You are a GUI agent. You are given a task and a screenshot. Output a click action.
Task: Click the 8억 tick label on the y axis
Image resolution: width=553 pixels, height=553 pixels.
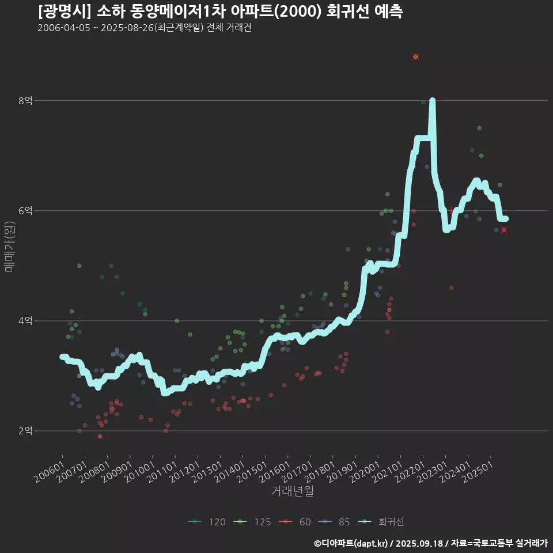pyautogui.click(x=25, y=101)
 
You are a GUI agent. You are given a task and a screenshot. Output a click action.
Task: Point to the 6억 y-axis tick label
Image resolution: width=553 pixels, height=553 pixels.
pyautogui.click(x=25, y=211)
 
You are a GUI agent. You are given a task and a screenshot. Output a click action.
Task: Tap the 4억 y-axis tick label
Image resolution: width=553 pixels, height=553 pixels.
pyautogui.click(x=25, y=321)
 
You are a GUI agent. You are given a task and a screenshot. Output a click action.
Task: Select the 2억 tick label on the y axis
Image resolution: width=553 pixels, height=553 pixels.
pyautogui.click(x=25, y=431)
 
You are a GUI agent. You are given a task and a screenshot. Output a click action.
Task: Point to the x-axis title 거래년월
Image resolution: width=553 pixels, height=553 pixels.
pyautogui.click(x=292, y=491)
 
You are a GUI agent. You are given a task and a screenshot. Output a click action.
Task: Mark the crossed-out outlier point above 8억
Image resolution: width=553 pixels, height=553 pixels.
pyautogui.click(x=415, y=56)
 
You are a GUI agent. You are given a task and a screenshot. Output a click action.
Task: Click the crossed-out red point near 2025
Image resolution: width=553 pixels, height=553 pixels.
pyautogui.click(x=504, y=230)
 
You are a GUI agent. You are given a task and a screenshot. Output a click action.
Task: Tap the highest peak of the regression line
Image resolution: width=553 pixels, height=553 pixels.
pyautogui.click(x=433, y=101)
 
